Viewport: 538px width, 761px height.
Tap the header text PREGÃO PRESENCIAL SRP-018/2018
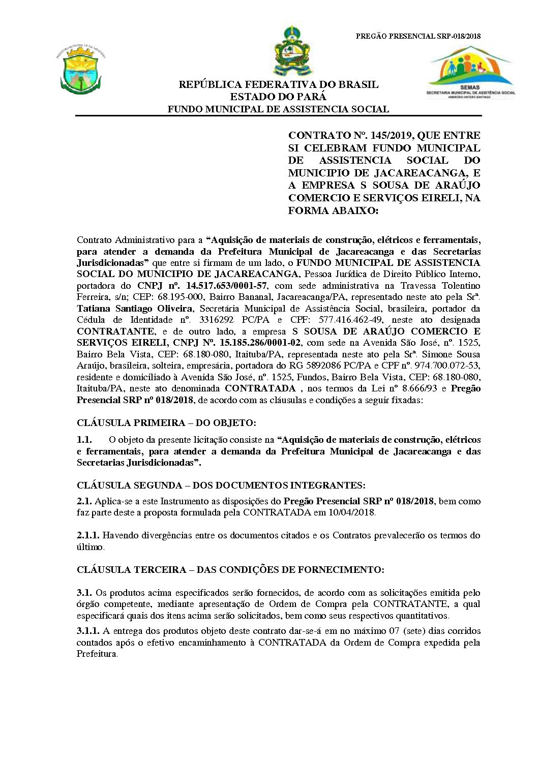click(418, 36)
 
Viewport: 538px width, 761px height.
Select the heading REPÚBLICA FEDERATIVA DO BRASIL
click(278, 85)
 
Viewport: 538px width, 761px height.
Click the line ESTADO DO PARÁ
click(278, 97)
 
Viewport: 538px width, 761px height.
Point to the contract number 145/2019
click(390, 136)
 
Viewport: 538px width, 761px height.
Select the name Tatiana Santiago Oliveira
click(134, 309)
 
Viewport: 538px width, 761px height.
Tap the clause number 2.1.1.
click(87, 535)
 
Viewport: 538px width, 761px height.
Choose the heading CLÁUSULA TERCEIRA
click(132, 570)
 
